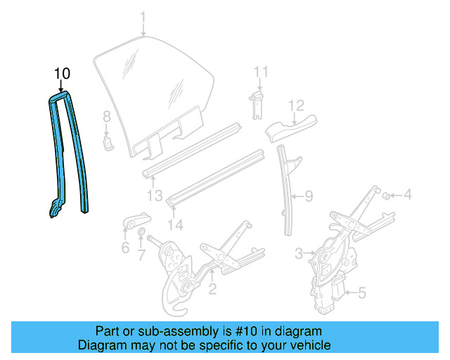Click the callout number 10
[x=62, y=73]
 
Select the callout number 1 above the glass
[x=143, y=16]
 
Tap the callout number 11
[x=261, y=72]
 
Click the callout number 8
[x=107, y=116]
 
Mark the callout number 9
[x=308, y=196]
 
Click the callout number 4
[x=407, y=195]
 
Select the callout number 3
[x=299, y=252]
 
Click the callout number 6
[x=125, y=247]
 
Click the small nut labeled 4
[x=387, y=195]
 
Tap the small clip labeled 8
[x=108, y=143]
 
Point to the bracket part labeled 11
[x=257, y=102]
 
